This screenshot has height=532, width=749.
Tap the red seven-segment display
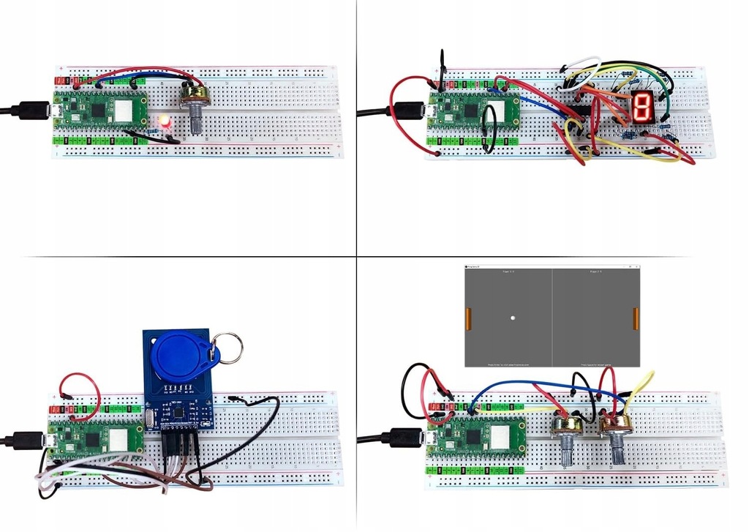point(641,107)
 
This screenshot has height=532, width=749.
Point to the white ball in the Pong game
point(513,318)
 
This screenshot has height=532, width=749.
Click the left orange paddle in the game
point(469,318)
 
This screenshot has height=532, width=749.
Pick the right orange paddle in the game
point(636,318)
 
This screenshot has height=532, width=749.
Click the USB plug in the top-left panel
point(33,110)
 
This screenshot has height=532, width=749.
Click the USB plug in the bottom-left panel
point(29,441)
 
